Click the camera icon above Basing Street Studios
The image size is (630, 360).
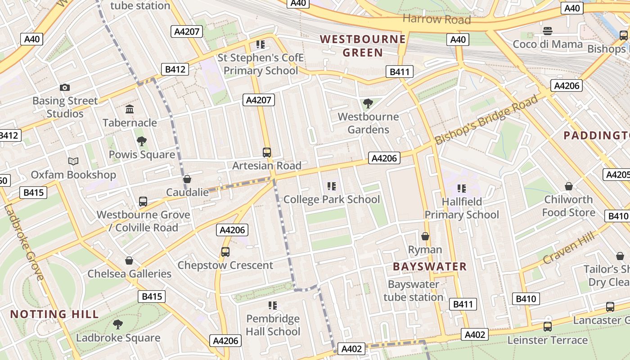[x=65, y=88]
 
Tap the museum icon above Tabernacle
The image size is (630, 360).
[x=130, y=109]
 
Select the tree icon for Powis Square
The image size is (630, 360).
[x=142, y=141]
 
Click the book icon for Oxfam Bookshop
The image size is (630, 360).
[x=73, y=161]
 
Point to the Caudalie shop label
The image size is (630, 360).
[x=187, y=192]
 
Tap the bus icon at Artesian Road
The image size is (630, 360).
[x=267, y=153]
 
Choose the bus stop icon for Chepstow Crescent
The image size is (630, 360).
[x=225, y=252]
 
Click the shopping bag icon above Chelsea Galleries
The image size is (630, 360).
[x=129, y=261]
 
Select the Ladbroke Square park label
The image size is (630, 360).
[x=118, y=337]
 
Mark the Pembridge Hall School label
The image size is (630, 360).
[x=273, y=325]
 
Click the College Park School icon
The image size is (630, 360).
[x=332, y=186]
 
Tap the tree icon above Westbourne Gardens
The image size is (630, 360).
[x=368, y=103]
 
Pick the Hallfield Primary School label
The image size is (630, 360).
[x=462, y=208]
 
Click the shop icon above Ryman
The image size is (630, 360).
[x=425, y=236]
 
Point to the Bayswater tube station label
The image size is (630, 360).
[x=413, y=291]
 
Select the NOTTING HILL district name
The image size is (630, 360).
[x=54, y=314]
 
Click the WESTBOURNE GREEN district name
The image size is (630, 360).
[x=363, y=45]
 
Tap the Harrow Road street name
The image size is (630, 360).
[x=436, y=19]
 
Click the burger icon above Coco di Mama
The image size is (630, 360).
[x=548, y=31]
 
